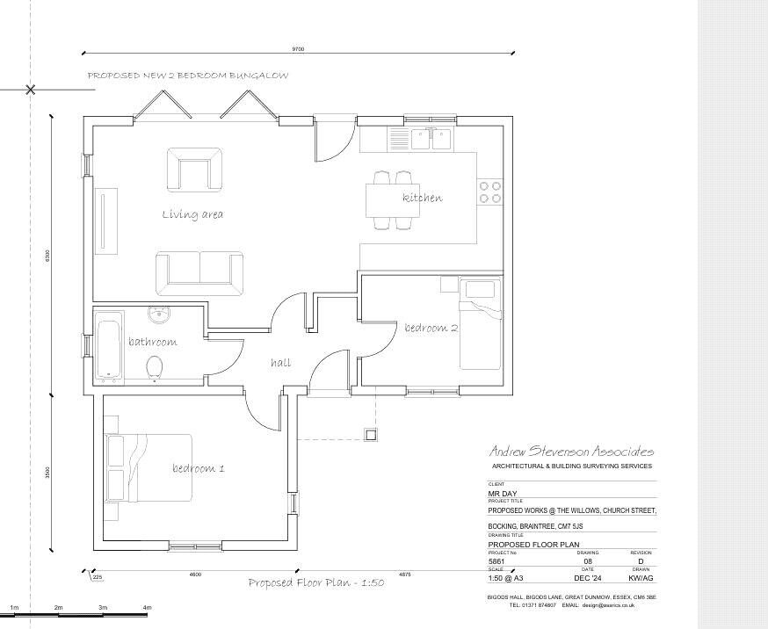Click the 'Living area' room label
(x=192, y=214)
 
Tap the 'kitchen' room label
(x=422, y=198)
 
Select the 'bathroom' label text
(x=152, y=342)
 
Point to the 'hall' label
(x=280, y=362)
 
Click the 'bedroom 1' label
(x=198, y=468)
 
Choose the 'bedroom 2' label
(x=431, y=329)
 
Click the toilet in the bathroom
(x=156, y=368)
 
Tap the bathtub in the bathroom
(x=109, y=349)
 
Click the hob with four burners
(x=489, y=192)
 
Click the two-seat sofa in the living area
(x=199, y=273)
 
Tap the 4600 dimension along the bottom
(x=195, y=574)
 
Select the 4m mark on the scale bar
(x=147, y=607)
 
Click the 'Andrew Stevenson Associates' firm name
(x=571, y=451)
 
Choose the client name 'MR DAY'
(x=503, y=494)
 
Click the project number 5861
(x=497, y=560)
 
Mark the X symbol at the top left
(x=31, y=90)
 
